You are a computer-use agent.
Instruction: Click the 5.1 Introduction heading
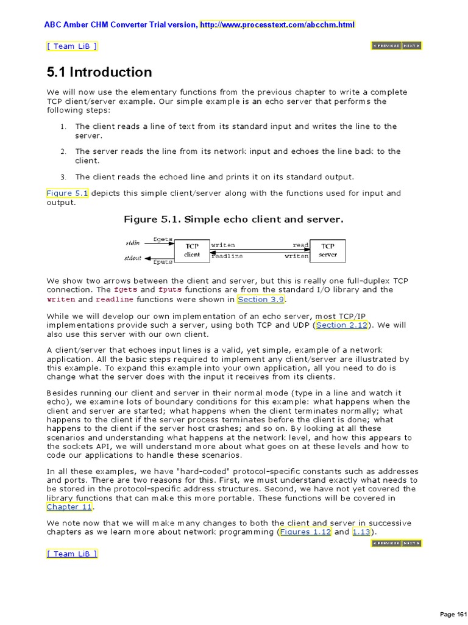pos(99,72)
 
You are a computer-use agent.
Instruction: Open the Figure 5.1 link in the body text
pos(68,193)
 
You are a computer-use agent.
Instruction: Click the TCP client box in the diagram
pos(192,250)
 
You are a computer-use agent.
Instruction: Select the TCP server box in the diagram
pos(328,250)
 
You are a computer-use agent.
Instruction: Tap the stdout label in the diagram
pos(133,258)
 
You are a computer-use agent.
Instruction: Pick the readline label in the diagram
pos(227,256)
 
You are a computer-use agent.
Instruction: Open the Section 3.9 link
pos(261,300)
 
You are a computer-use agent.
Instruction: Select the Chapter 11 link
pos(70,507)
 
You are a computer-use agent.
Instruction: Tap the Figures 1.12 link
pos(305,532)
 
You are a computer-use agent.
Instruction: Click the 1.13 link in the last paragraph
pos(363,532)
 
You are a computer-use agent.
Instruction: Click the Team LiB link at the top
pos(71,46)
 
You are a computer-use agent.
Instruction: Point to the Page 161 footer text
pos(452,614)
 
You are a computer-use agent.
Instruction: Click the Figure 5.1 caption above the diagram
pos(234,219)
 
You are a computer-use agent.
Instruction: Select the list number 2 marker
pos(63,151)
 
